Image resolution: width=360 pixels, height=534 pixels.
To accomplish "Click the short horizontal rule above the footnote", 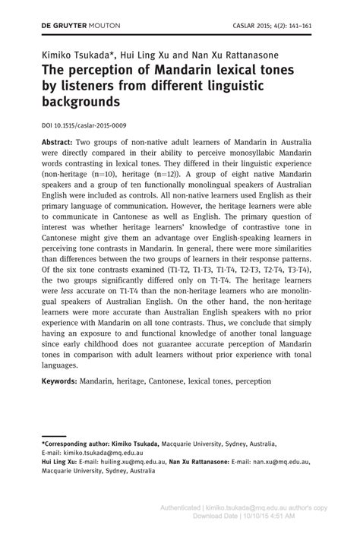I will (52, 435).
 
